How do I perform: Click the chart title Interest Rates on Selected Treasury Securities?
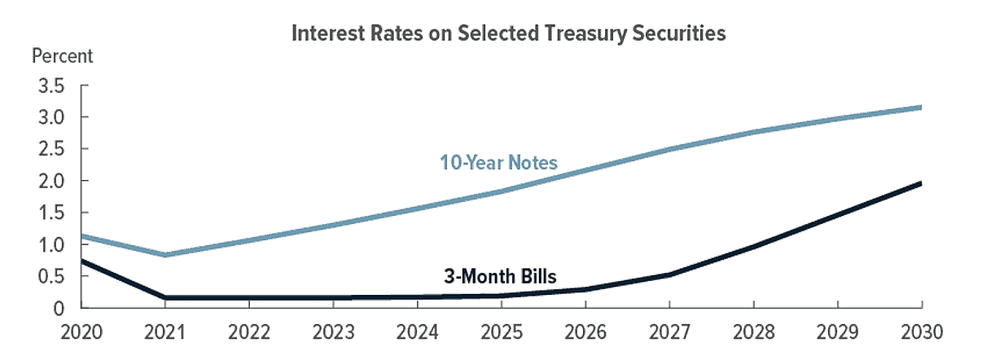[509, 33]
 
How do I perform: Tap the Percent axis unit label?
[62, 56]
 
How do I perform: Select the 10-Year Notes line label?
[498, 163]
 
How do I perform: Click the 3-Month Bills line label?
[500, 276]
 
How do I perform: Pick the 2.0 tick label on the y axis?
[51, 181]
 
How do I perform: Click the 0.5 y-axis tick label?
[51, 276]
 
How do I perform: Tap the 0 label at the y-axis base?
[59, 309]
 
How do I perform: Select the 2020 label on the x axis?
[81, 332]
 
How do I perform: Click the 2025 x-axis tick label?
[502, 332]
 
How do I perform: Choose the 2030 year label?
[922, 332]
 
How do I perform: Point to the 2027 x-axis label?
[669, 332]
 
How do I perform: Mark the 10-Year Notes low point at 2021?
[165, 255]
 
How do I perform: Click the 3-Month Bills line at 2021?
[165, 298]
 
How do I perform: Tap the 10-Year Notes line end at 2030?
[920, 108]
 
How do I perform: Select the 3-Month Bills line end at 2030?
[920, 183]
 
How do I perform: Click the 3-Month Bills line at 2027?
[669, 275]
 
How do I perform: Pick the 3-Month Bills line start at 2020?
[82, 261]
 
